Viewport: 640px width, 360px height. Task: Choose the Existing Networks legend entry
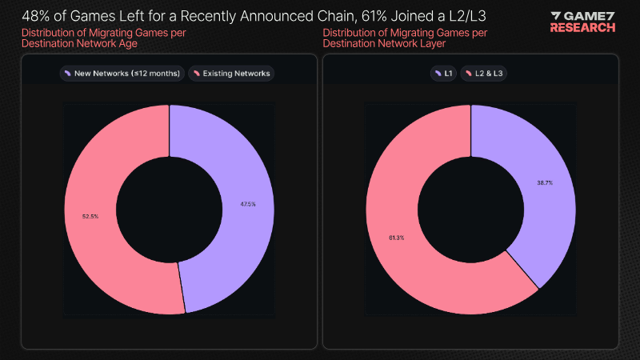point(232,74)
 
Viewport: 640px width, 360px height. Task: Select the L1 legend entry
point(443,74)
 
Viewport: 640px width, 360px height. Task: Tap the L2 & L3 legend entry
point(484,74)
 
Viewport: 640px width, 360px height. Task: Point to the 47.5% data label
point(248,204)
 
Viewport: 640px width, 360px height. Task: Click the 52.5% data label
point(90,216)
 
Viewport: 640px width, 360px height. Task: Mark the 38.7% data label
point(545,182)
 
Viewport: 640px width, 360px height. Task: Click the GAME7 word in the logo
point(589,15)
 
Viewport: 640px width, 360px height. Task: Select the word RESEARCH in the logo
point(583,27)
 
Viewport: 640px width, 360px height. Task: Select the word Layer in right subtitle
point(452,43)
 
